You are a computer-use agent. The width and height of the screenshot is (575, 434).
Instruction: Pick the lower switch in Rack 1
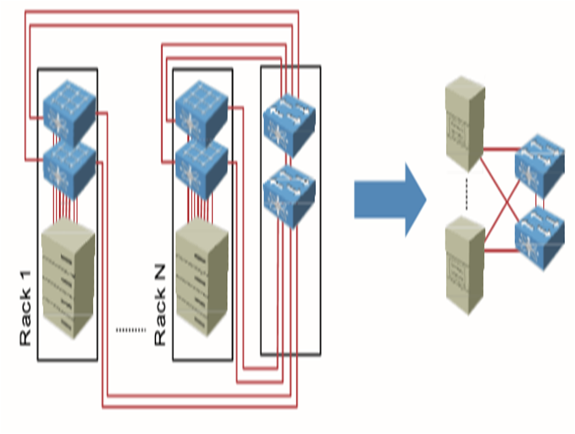pyautogui.click(x=70, y=167)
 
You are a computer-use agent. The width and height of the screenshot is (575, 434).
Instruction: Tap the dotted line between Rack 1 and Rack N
pyautogui.click(x=130, y=330)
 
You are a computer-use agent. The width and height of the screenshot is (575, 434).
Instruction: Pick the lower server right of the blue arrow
pyautogui.click(x=464, y=262)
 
